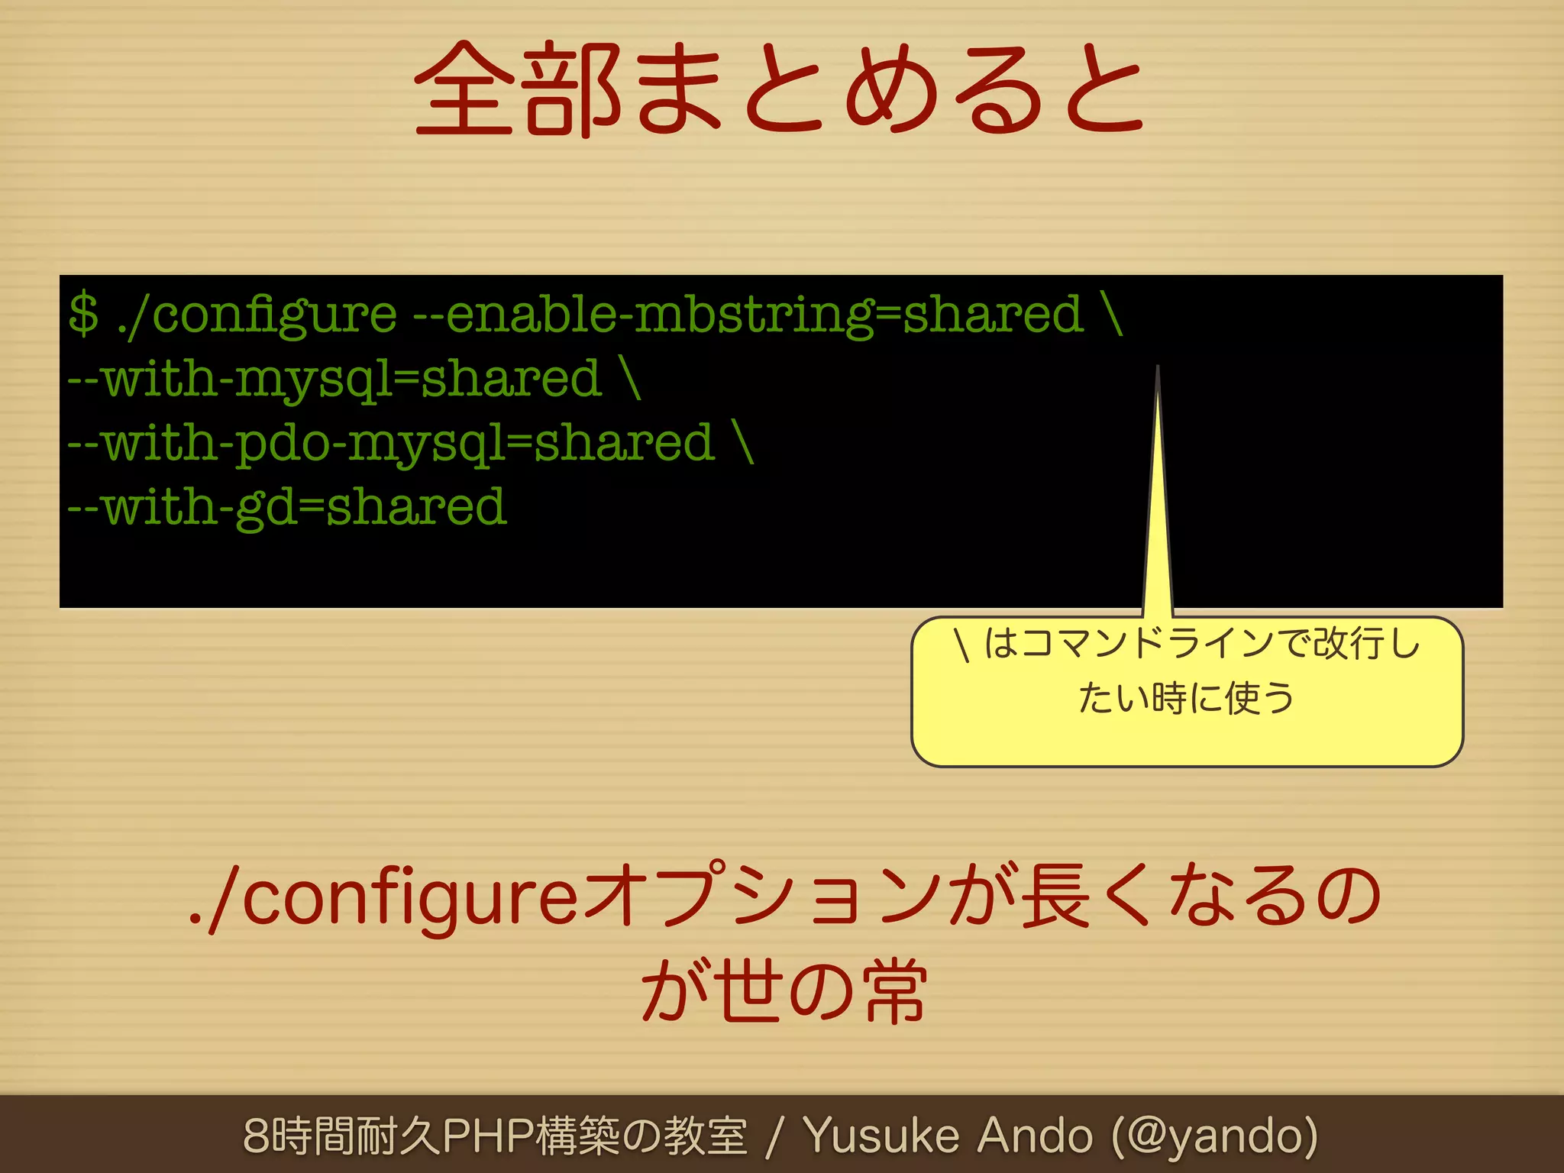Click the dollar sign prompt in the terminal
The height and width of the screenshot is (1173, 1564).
coord(83,314)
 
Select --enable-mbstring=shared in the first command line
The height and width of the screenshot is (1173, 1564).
coord(748,315)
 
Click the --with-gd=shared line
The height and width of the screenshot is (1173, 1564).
coord(287,508)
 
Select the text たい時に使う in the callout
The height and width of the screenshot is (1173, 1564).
coord(1186,698)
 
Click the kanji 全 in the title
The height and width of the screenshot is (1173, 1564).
coord(464,89)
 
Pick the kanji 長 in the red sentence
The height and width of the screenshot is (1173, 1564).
coord(1055,895)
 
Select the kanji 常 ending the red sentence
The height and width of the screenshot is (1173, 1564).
coord(894,991)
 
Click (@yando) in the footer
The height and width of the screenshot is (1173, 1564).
coord(1214,1136)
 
